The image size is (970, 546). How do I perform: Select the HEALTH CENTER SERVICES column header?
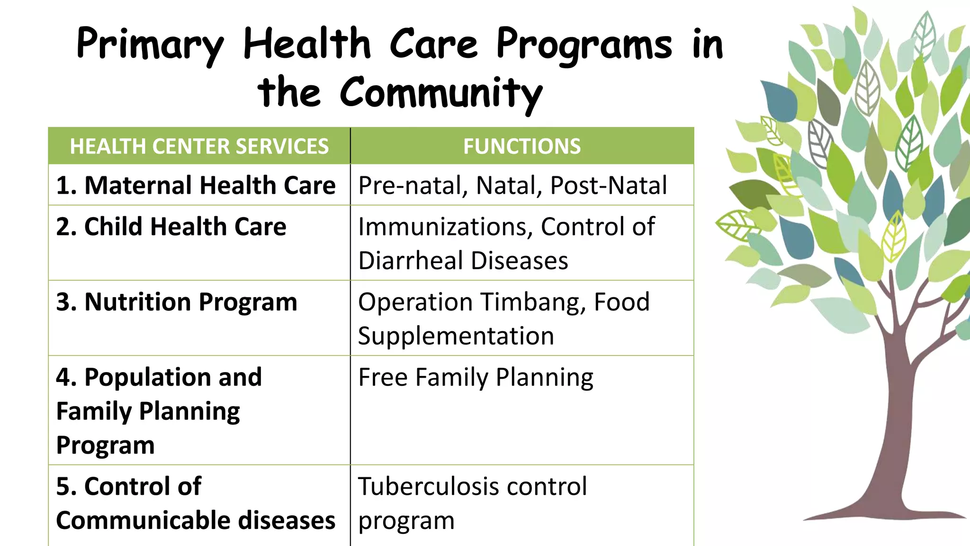tap(199, 146)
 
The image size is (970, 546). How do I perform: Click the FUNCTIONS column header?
tap(521, 146)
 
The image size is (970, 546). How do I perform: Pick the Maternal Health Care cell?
tap(196, 185)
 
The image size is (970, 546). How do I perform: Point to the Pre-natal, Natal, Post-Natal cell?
tap(512, 185)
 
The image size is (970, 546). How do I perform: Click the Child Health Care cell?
tap(171, 227)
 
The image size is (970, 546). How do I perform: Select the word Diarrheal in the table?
tap(411, 261)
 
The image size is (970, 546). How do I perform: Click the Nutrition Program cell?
tap(177, 302)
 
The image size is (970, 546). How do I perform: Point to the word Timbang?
tap(534, 302)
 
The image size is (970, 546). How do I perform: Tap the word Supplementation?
tap(456, 336)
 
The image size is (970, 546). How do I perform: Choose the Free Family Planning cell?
tap(476, 377)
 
